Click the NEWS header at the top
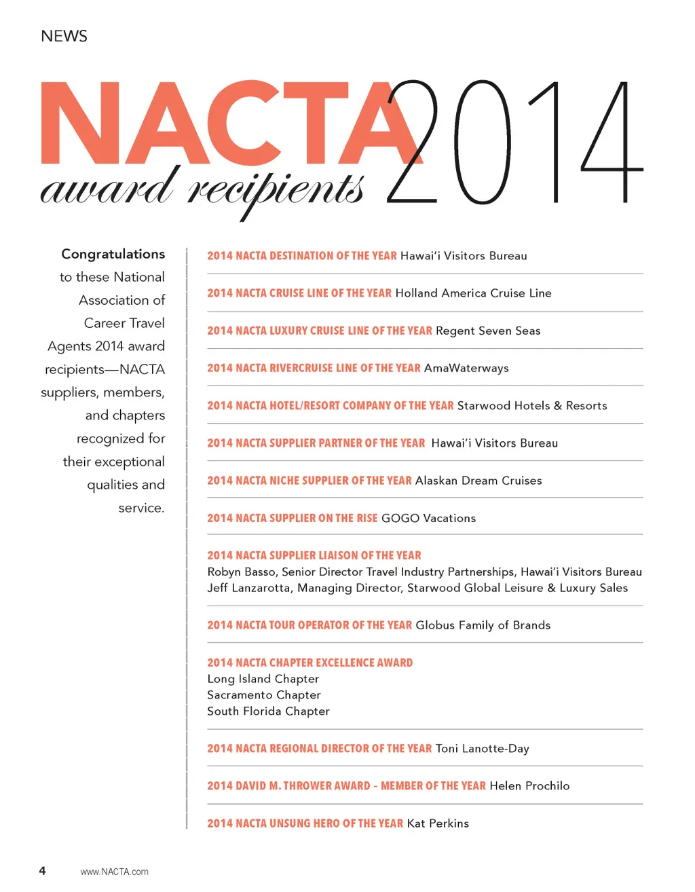point(64,37)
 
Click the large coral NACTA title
point(224,124)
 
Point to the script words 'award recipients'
point(202,188)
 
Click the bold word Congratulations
point(113,254)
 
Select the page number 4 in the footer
point(42,871)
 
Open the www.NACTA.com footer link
point(114,872)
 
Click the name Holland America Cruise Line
point(473,293)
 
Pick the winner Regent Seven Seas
point(488,331)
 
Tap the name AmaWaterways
point(466,368)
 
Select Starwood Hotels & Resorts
point(532,405)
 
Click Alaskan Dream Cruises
point(478,481)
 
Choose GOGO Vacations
point(428,518)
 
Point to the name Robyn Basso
point(242,572)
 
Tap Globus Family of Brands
point(483,625)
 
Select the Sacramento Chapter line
point(263,695)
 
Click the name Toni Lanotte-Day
point(482,749)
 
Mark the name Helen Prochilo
point(529,786)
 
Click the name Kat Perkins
point(438,823)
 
